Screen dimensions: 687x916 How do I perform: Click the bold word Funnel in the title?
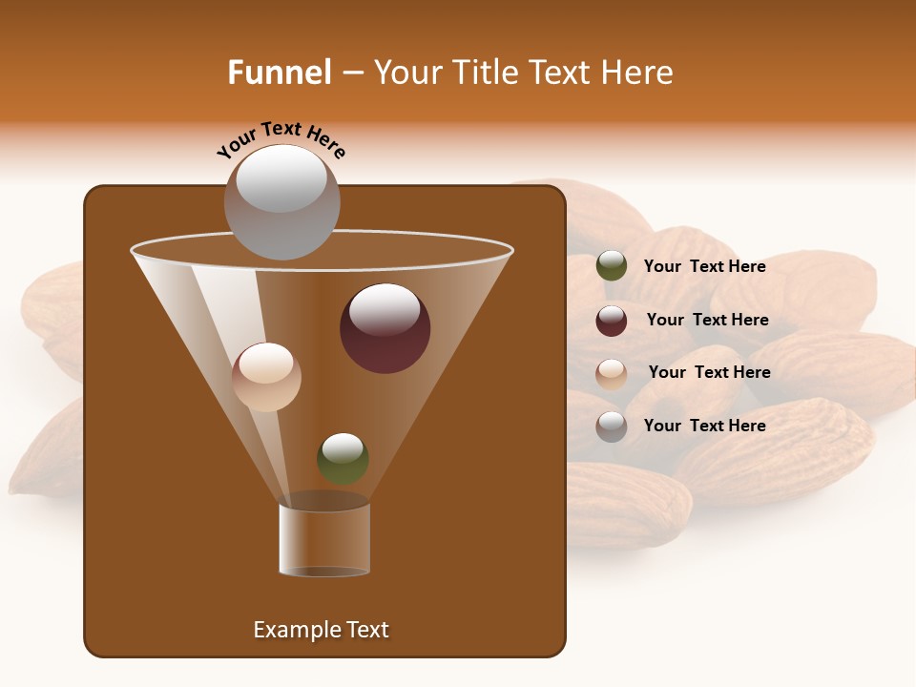click(x=279, y=73)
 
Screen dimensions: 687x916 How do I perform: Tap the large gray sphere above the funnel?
click(x=281, y=202)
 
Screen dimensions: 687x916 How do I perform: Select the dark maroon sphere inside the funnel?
click(x=385, y=329)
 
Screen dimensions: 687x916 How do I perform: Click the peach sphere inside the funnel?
click(x=266, y=377)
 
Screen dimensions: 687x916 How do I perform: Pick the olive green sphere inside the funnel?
click(x=343, y=458)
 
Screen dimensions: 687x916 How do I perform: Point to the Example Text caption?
click(x=321, y=630)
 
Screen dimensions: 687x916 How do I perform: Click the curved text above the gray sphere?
click(x=281, y=140)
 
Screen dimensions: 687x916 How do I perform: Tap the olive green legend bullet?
click(x=612, y=266)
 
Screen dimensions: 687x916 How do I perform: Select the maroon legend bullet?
click(x=612, y=320)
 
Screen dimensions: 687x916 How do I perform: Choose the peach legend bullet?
click(x=612, y=373)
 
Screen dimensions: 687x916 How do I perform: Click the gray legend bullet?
click(x=612, y=426)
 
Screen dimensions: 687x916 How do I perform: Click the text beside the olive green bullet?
click(x=704, y=266)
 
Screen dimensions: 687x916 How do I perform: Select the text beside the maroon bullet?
click(x=707, y=320)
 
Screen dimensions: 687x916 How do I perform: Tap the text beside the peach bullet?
click(x=709, y=372)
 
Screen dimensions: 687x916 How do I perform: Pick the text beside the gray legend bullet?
click(x=704, y=426)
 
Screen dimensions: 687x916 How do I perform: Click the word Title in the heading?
click(x=484, y=73)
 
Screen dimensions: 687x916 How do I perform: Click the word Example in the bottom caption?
click(x=295, y=630)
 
